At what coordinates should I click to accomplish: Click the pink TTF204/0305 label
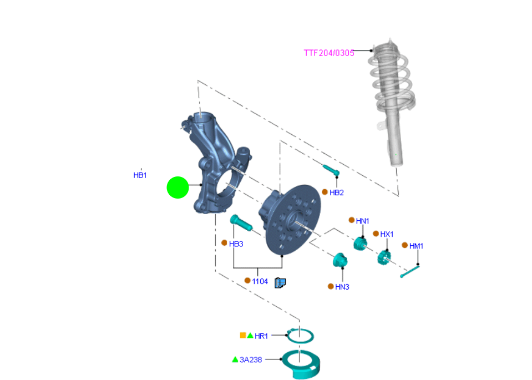[329, 53]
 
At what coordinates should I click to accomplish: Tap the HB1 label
[140, 175]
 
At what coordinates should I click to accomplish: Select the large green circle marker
[178, 188]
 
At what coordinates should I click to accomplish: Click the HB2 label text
[337, 192]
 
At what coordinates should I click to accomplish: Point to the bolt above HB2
[331, 170]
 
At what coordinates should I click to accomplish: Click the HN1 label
[362, 221]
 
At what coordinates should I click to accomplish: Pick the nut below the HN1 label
[360, 244]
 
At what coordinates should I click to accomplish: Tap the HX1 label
[387, 234]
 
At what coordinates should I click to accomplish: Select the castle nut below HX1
[384, 257]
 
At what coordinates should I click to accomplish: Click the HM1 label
[416, 246]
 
